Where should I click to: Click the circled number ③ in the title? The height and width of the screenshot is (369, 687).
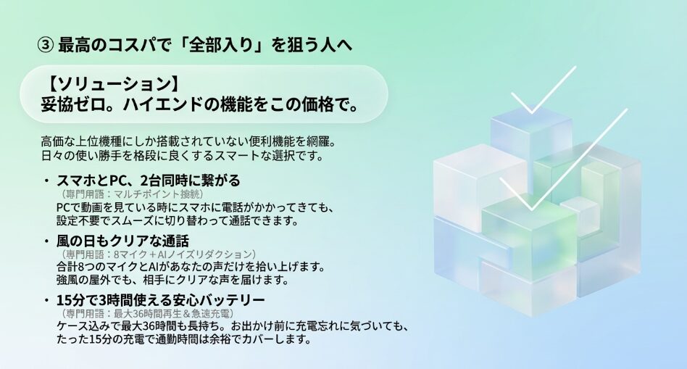[45, 45]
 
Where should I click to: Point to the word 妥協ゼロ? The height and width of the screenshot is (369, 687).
[72, 104]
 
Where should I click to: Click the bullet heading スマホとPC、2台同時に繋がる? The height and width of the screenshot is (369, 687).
[148, 180]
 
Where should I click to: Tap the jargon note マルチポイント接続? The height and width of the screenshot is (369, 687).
[154, 194]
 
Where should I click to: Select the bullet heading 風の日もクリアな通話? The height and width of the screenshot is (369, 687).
[122, 241]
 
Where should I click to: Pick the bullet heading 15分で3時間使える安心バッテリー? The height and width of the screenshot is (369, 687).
[160, 300]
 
